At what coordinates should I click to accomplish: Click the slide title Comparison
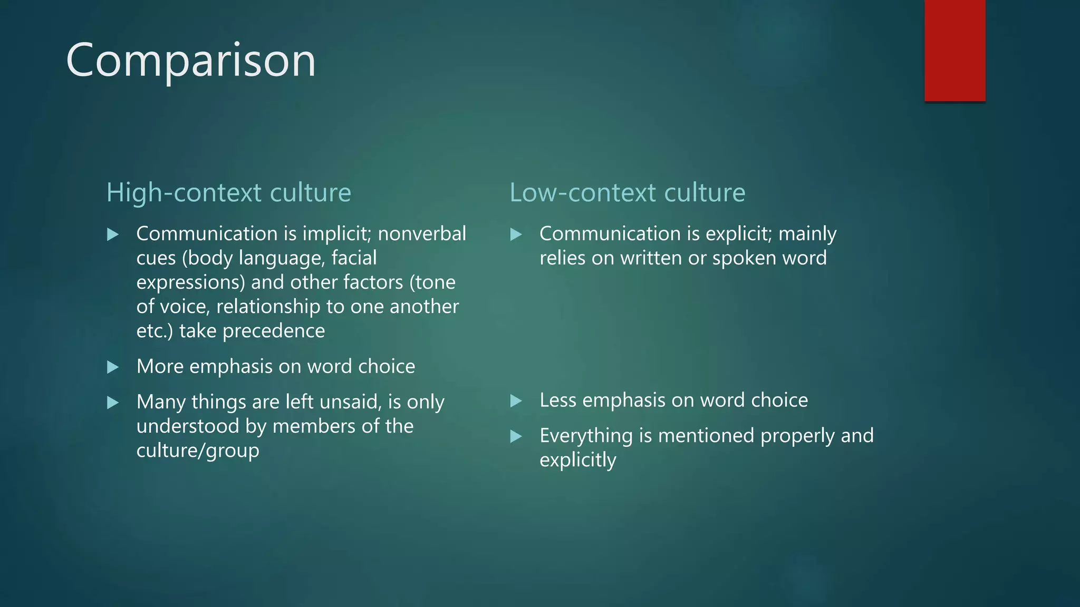[191, 61]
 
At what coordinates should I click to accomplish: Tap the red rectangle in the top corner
[954, 51]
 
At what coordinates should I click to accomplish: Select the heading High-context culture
[228, 192]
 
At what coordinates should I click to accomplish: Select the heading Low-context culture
[627, 192]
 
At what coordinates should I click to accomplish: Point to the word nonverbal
[422, 233]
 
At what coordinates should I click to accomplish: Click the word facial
[354, 258]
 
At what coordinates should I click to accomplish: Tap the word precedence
[274, 331]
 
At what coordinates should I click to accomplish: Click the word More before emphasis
[160, 366]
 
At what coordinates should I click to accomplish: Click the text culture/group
[198, 451]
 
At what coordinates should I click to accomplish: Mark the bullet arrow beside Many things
[112, 403]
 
